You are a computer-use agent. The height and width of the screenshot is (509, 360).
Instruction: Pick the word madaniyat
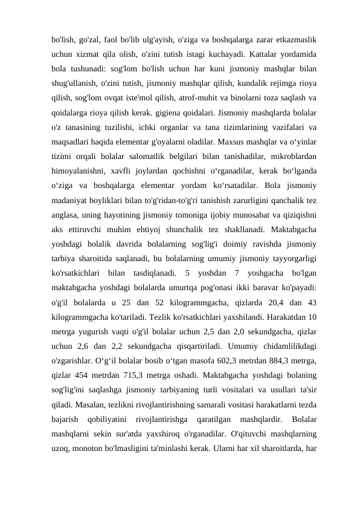coord(71,201)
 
